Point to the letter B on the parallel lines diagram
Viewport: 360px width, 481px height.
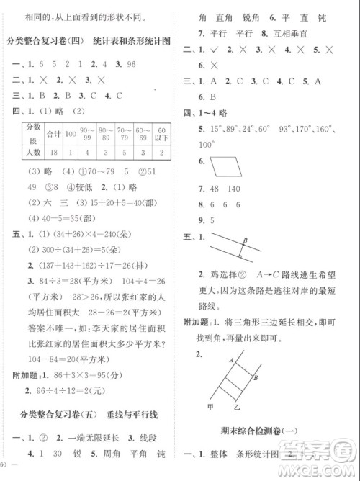pyautogui.click(x=245, y=241)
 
